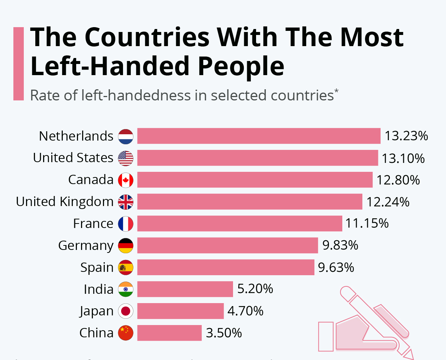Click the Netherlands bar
coord(259,136)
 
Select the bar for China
coord(169,332)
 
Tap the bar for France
coord(240,224)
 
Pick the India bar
coord(185,289)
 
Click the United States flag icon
coord(126,158)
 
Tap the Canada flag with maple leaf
coord(126,180)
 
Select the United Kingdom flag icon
coord(126,202)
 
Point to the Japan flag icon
coord(126,311)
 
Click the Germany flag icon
coord(126,245)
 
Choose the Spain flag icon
coord(126,267)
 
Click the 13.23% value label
coord(406,136)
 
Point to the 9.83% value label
coord(340,245)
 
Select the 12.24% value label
coord(388,202)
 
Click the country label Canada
coord(91,180)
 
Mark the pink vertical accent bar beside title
coord(18,64)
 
